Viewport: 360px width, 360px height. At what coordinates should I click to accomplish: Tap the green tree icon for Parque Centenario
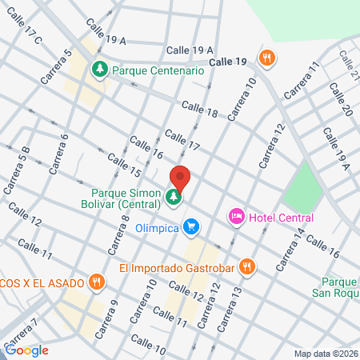point(99,70)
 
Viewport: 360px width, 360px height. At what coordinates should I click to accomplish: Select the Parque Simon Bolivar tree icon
point(173,196)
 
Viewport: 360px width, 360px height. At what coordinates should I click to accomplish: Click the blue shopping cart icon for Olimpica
point(190,227)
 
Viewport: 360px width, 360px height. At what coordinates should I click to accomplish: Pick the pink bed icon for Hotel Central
point(236,216)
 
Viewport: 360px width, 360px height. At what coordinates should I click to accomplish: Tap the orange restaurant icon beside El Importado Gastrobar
point(248,267)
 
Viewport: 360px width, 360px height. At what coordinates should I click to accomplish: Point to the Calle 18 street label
point(199,109)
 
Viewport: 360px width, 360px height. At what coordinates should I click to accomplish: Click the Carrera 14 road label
point(292,247)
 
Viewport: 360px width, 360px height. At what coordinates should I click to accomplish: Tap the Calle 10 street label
point(149,350)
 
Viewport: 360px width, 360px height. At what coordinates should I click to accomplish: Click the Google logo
point(26,350)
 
